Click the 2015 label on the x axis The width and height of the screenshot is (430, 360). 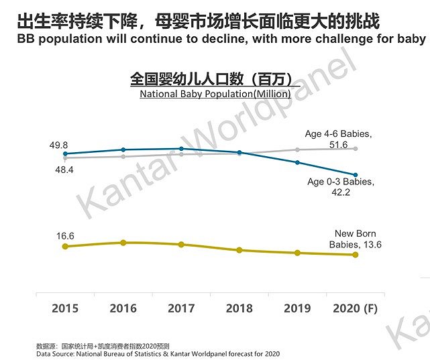click(65, 308)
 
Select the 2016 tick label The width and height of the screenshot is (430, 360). click(123, 308)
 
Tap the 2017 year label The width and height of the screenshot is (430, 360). click(181, 308)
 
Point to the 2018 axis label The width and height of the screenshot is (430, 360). click(239, 308)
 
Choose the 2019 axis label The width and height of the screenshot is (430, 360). click(297, 308)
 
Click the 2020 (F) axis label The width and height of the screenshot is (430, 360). click(356, 308)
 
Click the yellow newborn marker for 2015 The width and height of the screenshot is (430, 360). click(65, 247)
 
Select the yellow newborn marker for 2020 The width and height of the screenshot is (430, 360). click(356, 254)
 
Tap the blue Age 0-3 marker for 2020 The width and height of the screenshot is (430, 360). click(356, 175)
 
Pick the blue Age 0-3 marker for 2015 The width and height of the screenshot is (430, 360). click(65, 154)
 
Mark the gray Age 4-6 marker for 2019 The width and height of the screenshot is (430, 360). click(297, 149)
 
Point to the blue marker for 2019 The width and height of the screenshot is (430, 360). click(297, 162)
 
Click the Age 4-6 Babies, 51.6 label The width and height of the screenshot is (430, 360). click(338, 139)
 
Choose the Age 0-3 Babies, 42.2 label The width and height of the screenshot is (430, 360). click(341, 186)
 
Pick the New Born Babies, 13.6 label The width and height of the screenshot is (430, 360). click(355, 239)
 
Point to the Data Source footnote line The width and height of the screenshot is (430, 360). click(158, 353)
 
